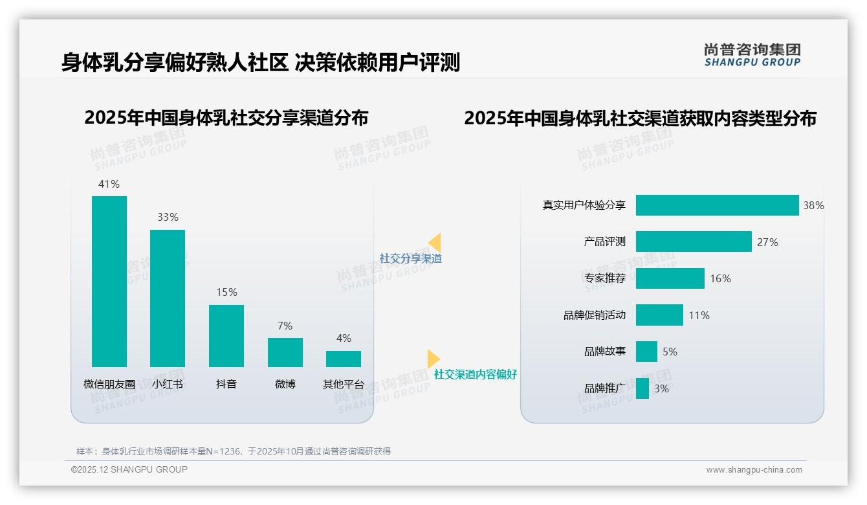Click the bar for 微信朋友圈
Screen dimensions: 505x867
click(109, 282)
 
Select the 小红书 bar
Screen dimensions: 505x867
click(168, 298)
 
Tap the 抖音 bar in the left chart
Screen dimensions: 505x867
click(226, 336)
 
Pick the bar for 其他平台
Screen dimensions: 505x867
click(344, 359)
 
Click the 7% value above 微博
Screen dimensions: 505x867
click(285, 326)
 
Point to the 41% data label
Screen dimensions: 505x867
click(109, 184)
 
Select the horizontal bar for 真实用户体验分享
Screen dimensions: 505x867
click(717, 205)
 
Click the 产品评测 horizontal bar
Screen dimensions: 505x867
click(694, 241)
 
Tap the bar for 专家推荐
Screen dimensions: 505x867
click(670, 278)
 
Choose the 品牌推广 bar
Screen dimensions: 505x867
click(642, 388)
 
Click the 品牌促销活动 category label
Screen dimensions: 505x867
click(595, 315)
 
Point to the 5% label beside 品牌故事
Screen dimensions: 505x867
click(670, 352)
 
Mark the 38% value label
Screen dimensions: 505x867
click(813, 205)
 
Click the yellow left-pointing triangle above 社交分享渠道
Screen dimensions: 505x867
click(435, 243)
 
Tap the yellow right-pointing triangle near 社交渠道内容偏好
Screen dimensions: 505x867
click(433, 359)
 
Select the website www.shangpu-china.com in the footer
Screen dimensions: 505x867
click(754, 470)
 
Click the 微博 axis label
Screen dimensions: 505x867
click(285, 384)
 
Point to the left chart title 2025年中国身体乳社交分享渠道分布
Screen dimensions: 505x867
click(226, 118)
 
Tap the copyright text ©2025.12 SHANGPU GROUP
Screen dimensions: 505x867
click(129, 469)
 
